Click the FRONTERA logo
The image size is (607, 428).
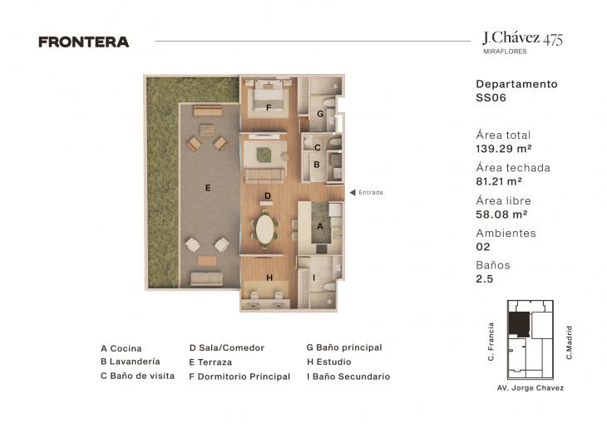pos(84,42)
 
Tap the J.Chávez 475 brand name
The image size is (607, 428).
pos(523,39)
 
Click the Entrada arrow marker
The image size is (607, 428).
pos(353,192)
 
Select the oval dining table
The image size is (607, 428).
pos(264,229)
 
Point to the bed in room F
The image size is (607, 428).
pos(268,99)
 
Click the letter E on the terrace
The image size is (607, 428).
pos(208,188)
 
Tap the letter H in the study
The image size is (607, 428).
pos(269,278)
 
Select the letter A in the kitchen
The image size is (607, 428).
pos(320,226)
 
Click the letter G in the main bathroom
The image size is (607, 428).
pos(320,114)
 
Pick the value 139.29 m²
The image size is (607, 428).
pos(504,149)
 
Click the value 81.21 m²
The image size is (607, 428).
pos(499,181)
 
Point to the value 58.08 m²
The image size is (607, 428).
pos(501,214)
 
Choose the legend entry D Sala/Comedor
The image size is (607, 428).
pos(227,348)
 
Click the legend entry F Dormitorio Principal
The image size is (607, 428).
pos(239,376)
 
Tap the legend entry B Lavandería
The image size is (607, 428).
pos(131,362)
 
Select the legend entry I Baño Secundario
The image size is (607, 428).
pos(348,376)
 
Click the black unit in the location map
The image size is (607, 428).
pos(519,323)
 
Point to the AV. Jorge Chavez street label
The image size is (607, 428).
pos(531,388)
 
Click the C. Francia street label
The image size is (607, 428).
pos(491,342)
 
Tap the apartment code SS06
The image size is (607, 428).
pos(491,97)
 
